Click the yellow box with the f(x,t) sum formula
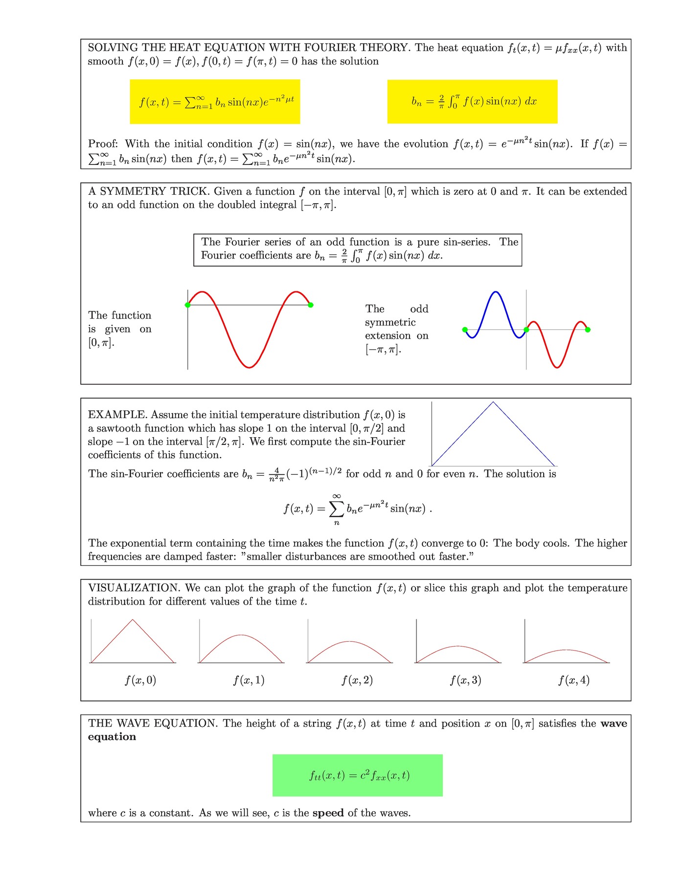[x=215, y=101]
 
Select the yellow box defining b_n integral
[x=472, y=101]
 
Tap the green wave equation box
[x=358, y=775]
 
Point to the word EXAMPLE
[x=117, y=415]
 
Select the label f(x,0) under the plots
[x=140, y=680]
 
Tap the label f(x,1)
[x=249, y=680]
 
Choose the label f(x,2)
[x=357, y=680]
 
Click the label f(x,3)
[x=465, y=680]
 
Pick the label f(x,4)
[x=574, y=680]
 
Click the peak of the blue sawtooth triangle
[x=493, y=402]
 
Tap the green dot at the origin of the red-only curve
[x=188, y=305]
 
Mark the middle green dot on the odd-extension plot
[x=526, y=329]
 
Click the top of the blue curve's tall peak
[x=496, y=292]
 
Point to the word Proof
[x=103, y=144]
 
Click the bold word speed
[x=328, y=813]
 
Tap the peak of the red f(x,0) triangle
[x=133, y=620]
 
